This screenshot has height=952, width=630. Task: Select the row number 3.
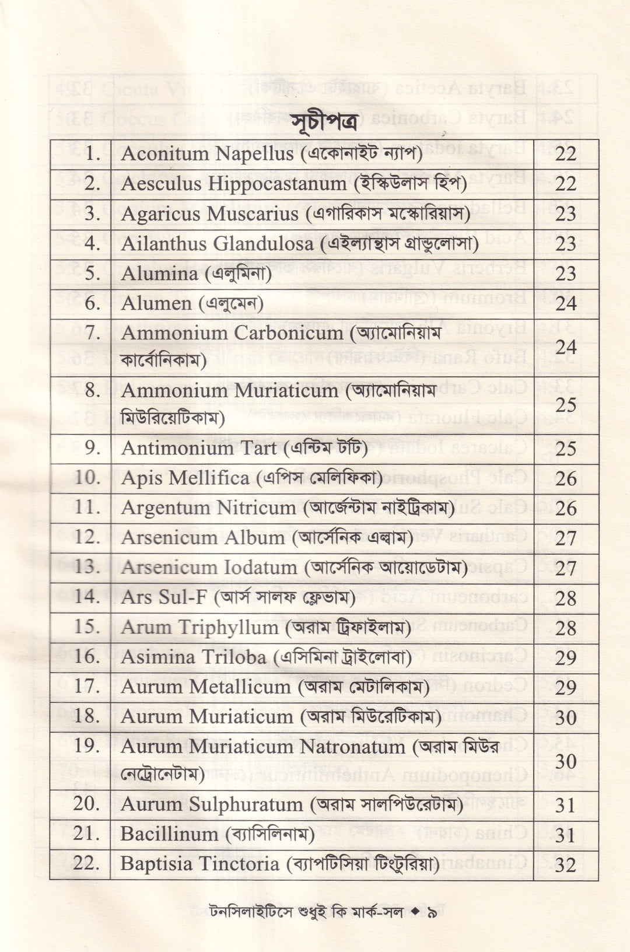pyautogui.click(x=92, y=213)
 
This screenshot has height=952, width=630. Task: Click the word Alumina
pyautogui.click(x=159, y=274)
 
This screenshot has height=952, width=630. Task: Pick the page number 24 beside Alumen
pyautogui.click(x=565, y=303)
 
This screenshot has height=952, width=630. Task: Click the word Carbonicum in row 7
pyautogui.click(x=288, y=333)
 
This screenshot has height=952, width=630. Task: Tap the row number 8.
pyautogui.click(x=92, y=390)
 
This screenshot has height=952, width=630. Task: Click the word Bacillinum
pyautogui.click(x=169, y=834)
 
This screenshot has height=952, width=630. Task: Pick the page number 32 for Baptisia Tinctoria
pyautogui.click(x=565, y=864)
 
